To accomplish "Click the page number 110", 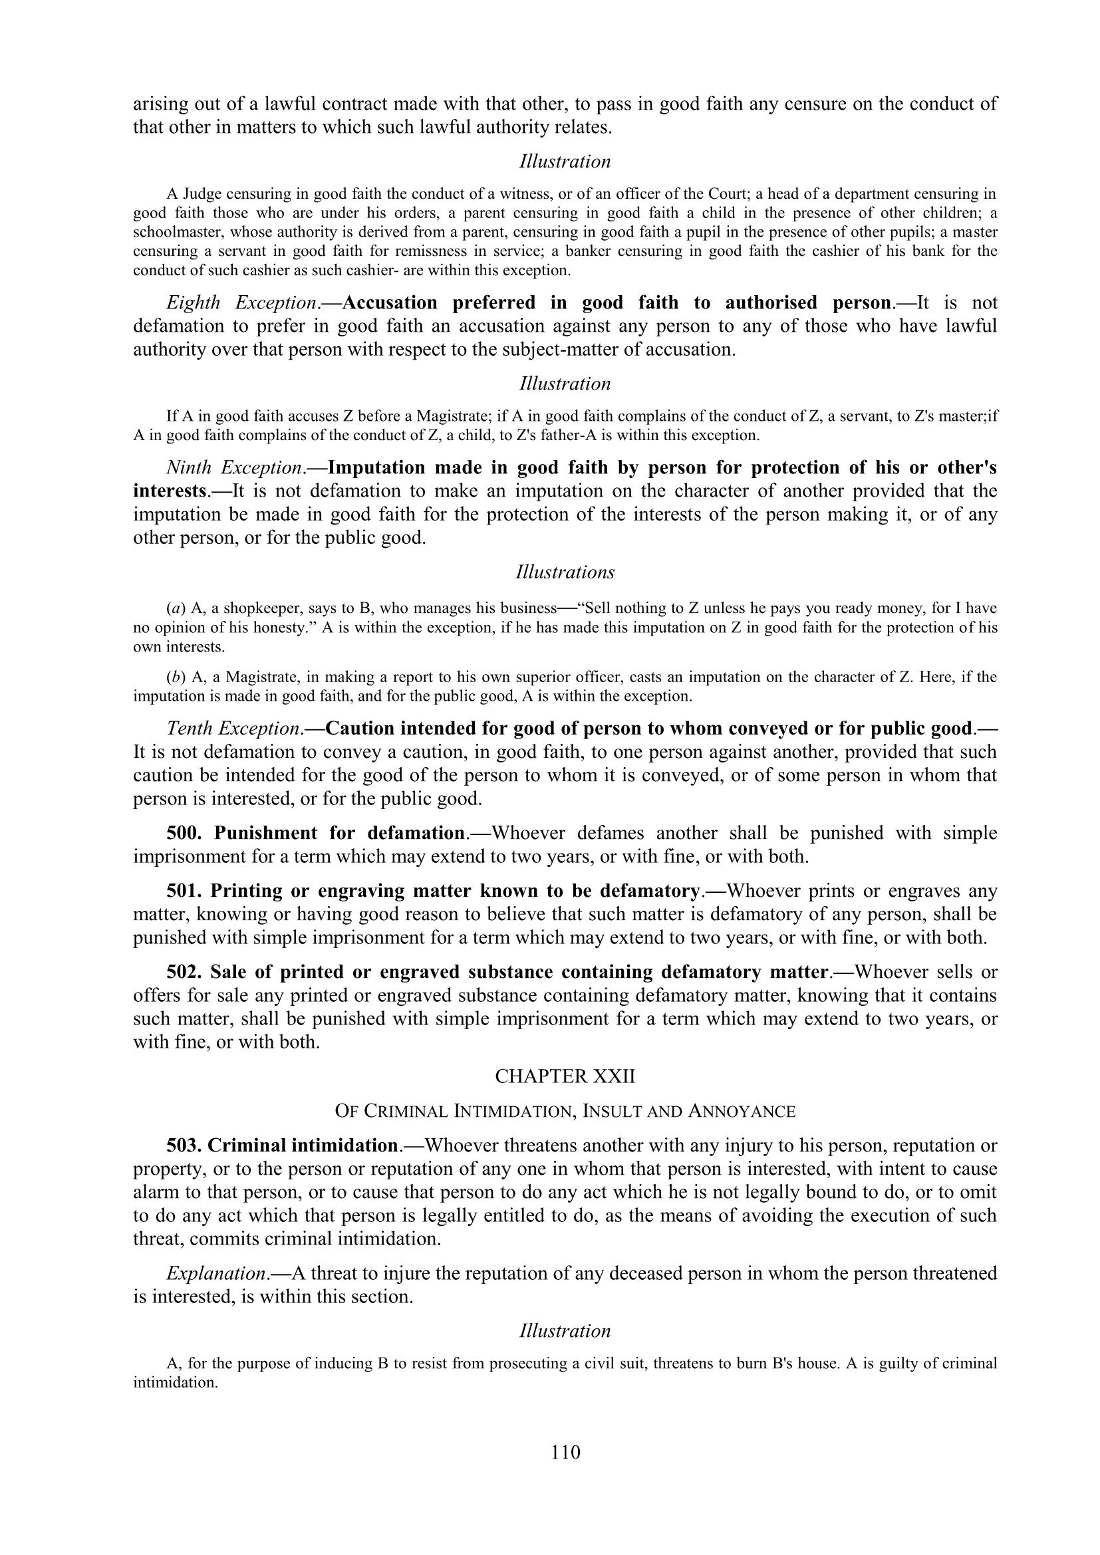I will pyautogui.click(x=565, y=1452).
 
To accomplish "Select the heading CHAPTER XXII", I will pyautogui.click(x=565, y=1076).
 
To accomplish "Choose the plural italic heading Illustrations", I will pyautogui.click(x=565, y=572).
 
